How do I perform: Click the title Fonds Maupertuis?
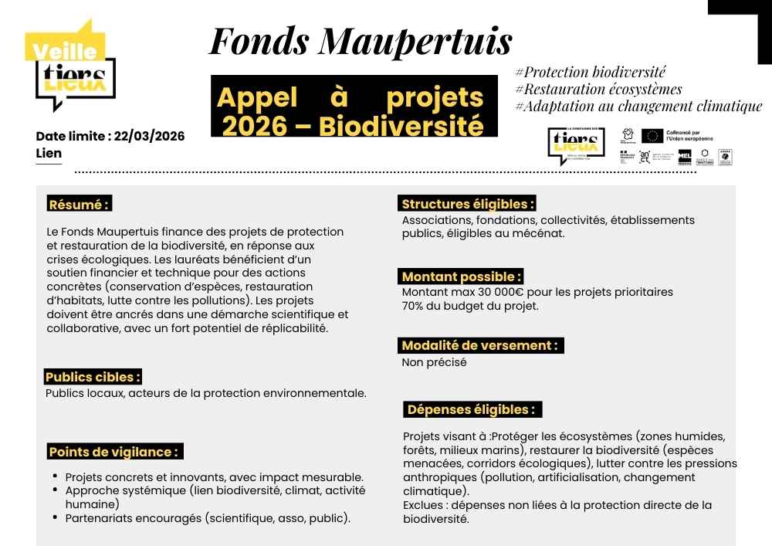point(360,40)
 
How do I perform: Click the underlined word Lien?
point(49,153)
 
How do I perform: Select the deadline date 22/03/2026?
point(149,136)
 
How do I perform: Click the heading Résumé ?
point(79,205)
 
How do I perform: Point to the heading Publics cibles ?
point(93,377)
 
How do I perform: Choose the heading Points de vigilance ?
point(114,452)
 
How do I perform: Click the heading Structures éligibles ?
point(468,204)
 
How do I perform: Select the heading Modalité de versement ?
point(479,345)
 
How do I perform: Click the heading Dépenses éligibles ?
point(471,409)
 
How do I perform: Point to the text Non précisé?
point(434,362)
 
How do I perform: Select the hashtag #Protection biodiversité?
point(590,73)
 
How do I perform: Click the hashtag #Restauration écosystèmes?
point(598,89)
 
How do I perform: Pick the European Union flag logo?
point(652,136)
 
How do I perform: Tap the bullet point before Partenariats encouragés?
point(56,516)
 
